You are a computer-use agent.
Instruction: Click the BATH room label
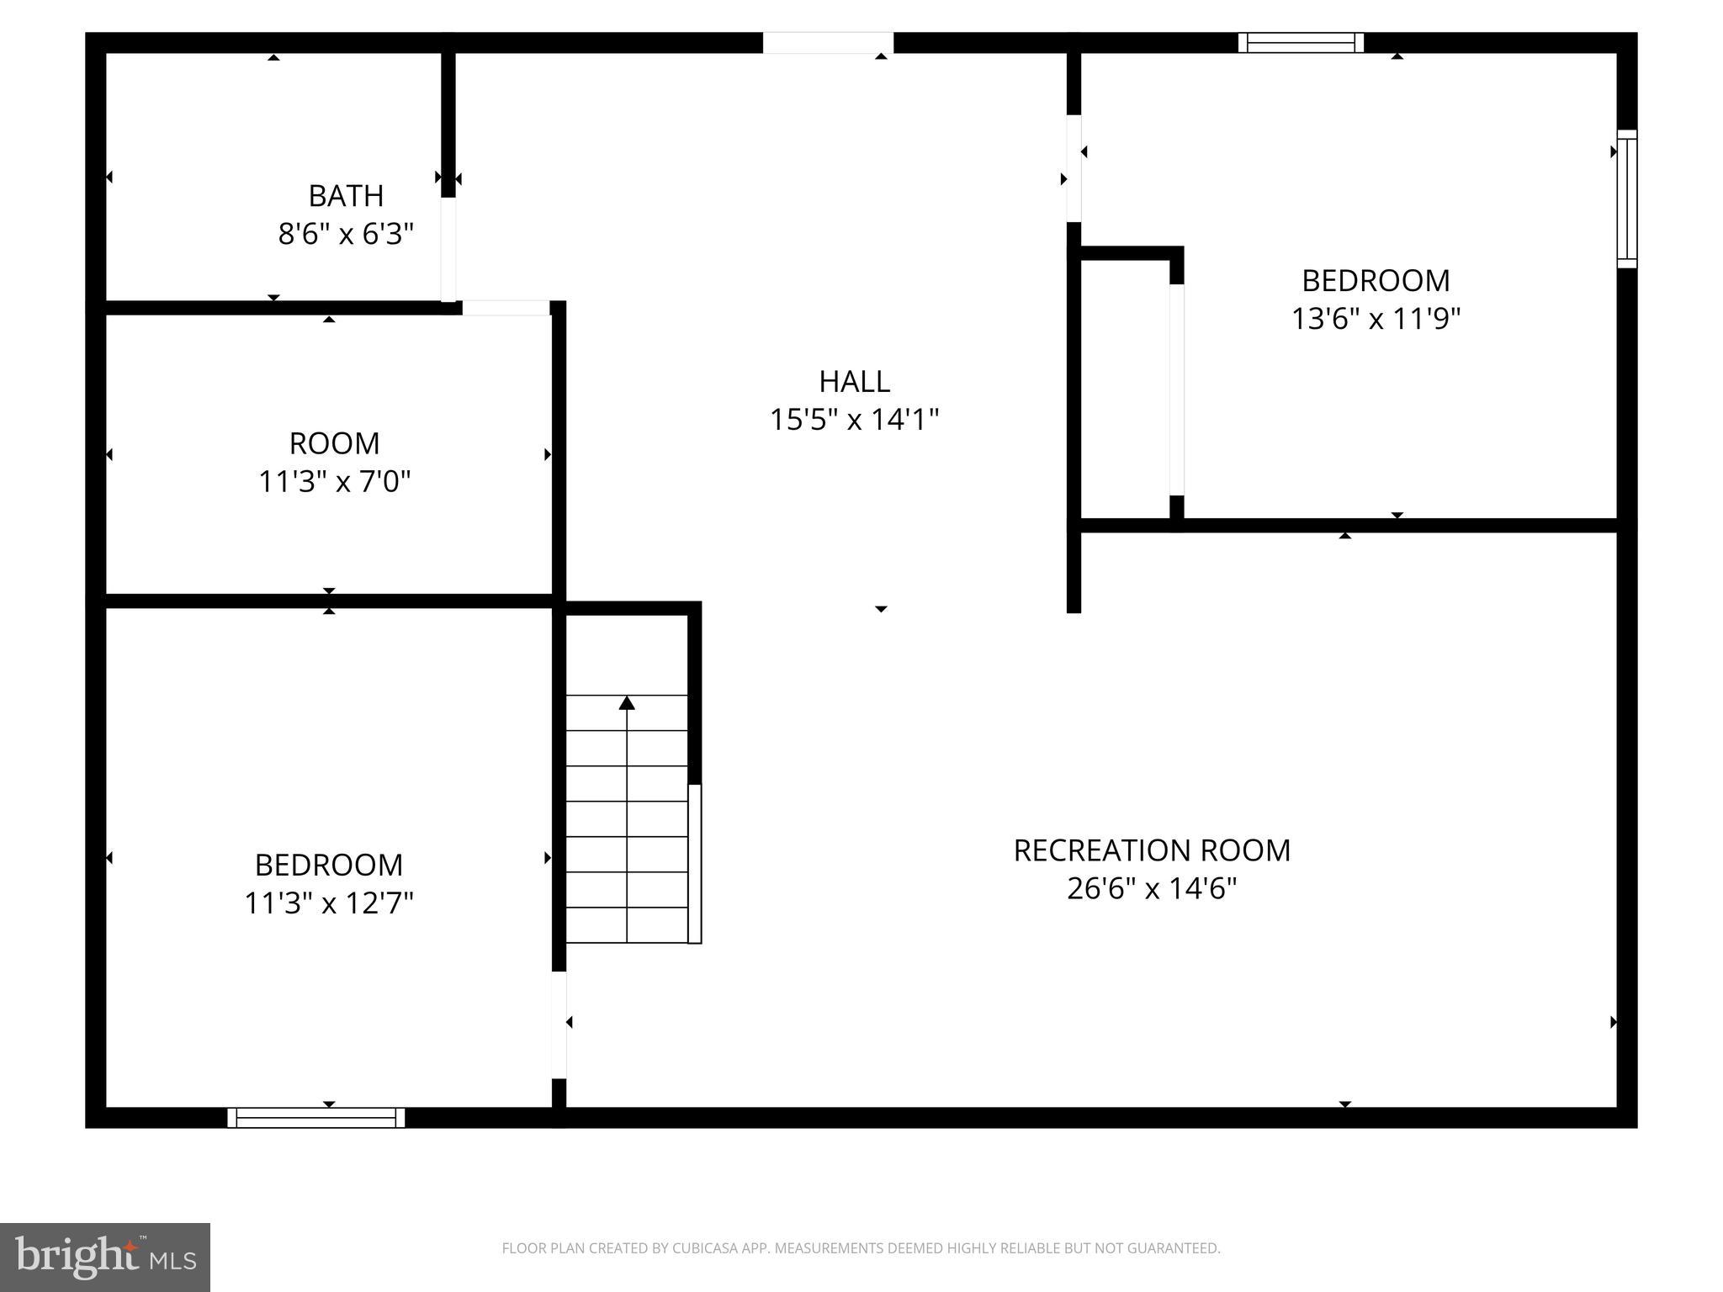click(346, 195)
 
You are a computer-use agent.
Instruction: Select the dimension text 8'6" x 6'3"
click(346, 234)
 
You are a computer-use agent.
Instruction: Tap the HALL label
click(854, 381)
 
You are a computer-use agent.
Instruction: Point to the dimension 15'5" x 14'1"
click(854, 419)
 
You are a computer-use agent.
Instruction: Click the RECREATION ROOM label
click(1151, 850)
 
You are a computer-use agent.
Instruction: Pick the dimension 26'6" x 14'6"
click(1151, 888)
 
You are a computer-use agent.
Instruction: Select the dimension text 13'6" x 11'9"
click(1376, 319)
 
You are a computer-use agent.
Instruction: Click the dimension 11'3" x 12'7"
click(329, 903)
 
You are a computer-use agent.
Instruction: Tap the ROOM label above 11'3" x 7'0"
click(334, 442)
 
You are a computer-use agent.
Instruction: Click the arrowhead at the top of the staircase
click(627, 702)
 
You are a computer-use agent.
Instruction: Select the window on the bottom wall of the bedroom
click(315, 1117)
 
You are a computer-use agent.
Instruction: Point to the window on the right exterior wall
click(1627, 199)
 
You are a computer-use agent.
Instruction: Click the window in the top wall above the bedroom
click(1301, 43)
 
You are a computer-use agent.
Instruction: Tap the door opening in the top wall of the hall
click(828, 43)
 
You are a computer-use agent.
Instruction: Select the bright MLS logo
click(105, 1257)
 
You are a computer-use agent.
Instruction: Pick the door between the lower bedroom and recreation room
click(559, 1025)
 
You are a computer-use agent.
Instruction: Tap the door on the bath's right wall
click(448, 249)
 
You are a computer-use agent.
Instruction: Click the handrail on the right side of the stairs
click(695, 863)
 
